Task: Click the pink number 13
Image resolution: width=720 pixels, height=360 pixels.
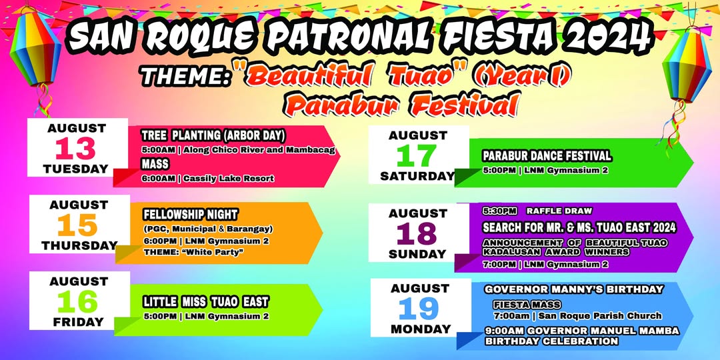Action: (x=75, y=149)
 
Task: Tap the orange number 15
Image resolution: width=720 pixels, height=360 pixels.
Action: (x=77, y=226)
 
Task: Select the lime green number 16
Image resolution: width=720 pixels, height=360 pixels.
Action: (x=77, y=303)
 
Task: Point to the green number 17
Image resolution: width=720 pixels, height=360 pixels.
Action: (x=416, y=156)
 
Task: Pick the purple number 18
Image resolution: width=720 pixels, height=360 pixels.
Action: (x=417, y=234)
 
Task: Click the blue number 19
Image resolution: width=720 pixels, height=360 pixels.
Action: (x=419, y=309)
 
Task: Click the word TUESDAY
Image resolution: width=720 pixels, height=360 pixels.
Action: (x=75, y=169)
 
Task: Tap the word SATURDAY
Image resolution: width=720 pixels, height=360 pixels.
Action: (x=417, y=176)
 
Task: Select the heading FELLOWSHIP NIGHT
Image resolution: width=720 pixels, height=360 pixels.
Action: (x=191, y=215)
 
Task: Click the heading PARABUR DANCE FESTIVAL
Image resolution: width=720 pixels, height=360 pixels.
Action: (x=547, y=156)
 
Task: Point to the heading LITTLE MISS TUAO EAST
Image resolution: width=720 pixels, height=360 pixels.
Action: (x=206, y=302)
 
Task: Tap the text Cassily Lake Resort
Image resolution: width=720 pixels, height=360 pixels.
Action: (x=229, y=179)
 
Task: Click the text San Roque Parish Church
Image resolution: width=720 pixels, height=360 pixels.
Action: (x=600, y=316)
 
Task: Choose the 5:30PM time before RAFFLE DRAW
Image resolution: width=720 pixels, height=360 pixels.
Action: (x=499, y=211)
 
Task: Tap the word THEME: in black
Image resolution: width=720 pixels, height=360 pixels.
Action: (x=185, y=77)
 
